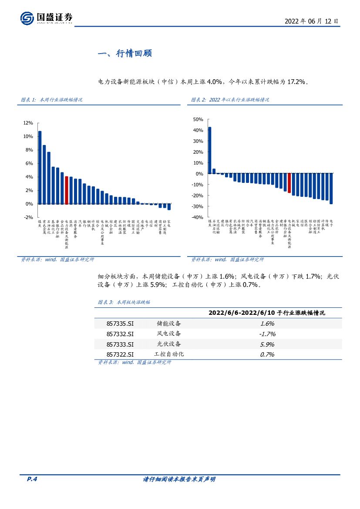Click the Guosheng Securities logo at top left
point(46,18)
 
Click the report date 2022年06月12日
point(311,21)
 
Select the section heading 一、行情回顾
point(125,54)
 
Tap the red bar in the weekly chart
point(66,190)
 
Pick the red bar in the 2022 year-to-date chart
point(289,183)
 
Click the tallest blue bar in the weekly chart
point(40,167)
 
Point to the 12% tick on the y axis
point(28,123)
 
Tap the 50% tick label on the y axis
point(198,119)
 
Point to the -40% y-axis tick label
point(197,217)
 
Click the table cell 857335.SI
point(120,324)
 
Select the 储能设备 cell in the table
point(169,324)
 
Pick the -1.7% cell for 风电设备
point(267,334)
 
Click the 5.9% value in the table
point(267,344)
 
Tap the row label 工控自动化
point(169,354)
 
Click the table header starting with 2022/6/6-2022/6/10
point(267,313)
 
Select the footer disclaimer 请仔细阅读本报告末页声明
point(179,479)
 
